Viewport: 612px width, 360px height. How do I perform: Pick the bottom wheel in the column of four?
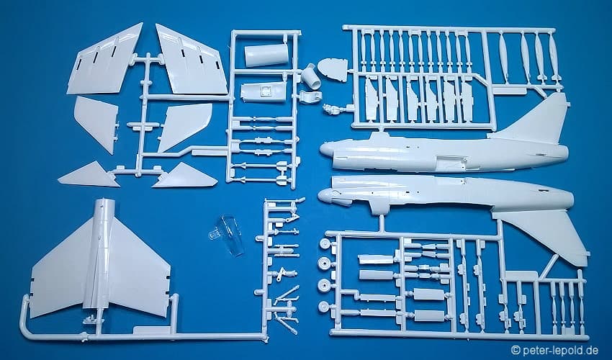tap(324, 307)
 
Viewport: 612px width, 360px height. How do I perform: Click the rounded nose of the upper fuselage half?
tap(327, 149)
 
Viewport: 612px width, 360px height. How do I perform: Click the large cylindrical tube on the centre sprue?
tap(266, 55)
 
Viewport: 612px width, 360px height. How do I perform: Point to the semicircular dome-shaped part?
tap(332, 71)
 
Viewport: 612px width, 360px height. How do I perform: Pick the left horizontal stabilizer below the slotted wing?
tap(96, 123)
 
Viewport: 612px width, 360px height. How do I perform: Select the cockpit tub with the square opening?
tap(263, 92)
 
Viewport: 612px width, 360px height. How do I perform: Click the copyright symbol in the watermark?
tap(516, 350)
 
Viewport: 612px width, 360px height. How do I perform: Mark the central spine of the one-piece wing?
tap(100, 258)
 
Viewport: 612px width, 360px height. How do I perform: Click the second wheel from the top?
tap(324, 264)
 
